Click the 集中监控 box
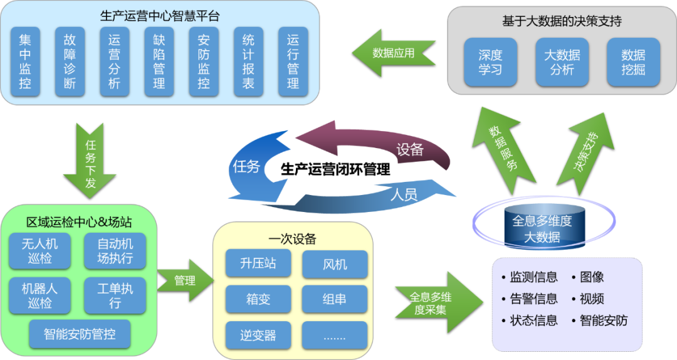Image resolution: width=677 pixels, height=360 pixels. (25, 61)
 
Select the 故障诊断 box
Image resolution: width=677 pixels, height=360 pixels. (70, 61)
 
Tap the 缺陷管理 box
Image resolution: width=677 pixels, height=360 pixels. (159, 61)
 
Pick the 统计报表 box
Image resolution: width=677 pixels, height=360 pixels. (248, 61)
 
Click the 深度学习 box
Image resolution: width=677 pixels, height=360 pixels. (490, 62)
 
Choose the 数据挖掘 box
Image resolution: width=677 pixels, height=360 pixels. (633, 62)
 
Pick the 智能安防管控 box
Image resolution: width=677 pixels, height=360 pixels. (80, 333)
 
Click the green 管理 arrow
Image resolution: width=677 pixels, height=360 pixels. (183, 280)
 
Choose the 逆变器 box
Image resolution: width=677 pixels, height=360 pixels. (258, 335)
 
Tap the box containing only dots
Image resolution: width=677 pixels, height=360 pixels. (334, 335)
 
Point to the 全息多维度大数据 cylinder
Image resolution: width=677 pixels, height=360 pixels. (542, 229)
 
